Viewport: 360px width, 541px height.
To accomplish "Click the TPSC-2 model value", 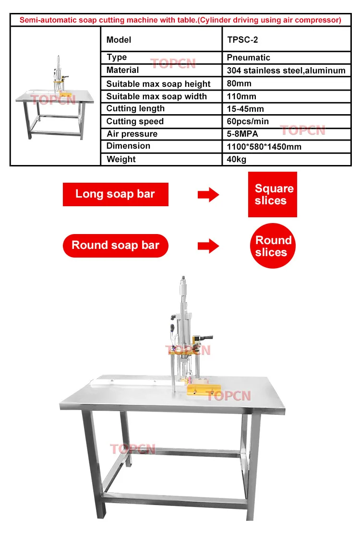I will [x=242, y=40].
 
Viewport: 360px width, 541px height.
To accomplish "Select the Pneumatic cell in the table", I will [x=248, y=58].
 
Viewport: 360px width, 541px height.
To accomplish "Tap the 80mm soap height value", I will [x=239, y=83].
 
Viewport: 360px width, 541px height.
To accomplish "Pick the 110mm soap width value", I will [x=241, y=96].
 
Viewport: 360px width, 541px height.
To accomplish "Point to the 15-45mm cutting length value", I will [x=245, y=109].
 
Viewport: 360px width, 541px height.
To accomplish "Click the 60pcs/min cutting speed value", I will [x=248, y=121].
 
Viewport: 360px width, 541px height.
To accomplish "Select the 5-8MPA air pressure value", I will [x=242, y=134].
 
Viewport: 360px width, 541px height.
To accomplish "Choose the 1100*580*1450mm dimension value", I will [x=264, y=146].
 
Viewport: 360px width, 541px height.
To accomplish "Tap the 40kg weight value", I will [x=237, y=159].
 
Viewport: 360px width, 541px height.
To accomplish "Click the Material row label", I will [x=122, y=70].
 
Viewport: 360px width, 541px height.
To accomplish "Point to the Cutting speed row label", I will [x=135, y=121].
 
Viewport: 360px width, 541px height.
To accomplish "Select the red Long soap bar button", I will [x=115, y=194].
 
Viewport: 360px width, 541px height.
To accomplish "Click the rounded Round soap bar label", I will [x=115, y=246].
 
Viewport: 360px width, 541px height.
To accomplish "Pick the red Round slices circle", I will [x=273, y=246].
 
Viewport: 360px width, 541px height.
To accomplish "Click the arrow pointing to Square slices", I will [x=208, y=195].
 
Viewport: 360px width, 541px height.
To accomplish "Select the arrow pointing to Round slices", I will [x=208, y=247].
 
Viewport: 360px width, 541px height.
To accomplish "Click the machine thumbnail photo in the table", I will [x=55, y=96].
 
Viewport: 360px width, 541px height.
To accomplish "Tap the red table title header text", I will [x=180, y=20].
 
